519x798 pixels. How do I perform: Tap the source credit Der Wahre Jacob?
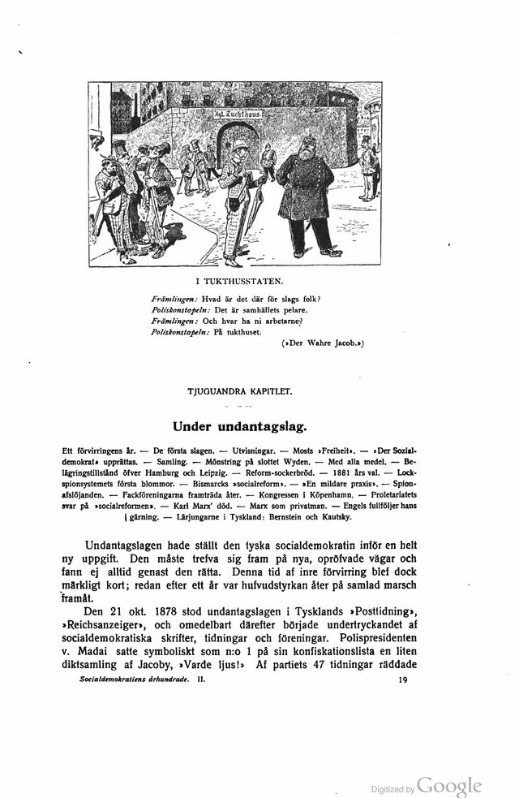[x=322, y=343]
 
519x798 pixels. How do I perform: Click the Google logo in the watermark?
[x=450, y=786]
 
